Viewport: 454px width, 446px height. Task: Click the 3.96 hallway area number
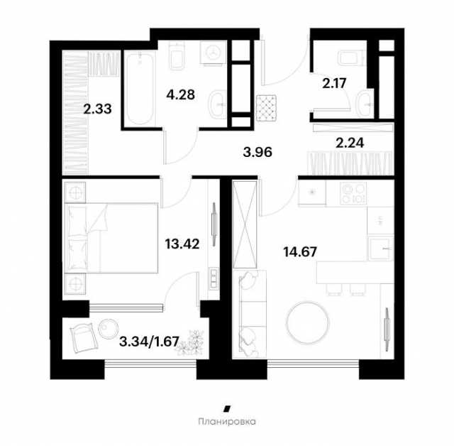pos(258,151)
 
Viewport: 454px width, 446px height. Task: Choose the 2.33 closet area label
pos(98,109)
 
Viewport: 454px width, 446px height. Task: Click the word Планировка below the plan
pos(226,421)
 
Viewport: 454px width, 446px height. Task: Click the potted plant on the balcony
pos(190,348)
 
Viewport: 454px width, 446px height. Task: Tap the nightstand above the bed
pos(74,192)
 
